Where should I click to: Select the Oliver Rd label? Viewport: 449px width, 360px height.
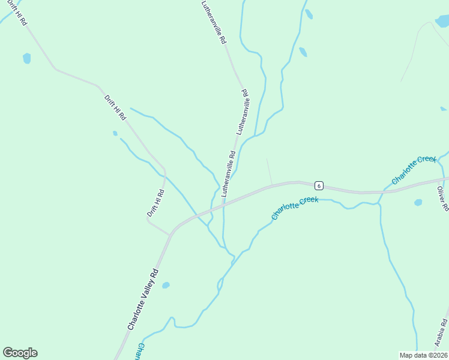point(442,198)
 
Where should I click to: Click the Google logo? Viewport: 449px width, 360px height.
point(20,353)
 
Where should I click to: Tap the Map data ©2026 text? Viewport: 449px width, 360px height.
point(423,355)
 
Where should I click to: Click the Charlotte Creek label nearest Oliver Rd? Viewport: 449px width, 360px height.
point(414,170)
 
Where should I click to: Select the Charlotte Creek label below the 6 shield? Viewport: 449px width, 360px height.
point(294,207)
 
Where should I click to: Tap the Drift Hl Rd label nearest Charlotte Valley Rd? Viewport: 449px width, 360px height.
point(155,203)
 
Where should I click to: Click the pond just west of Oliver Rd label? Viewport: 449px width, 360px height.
point(418,203)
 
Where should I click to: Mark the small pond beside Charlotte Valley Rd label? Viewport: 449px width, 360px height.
point(166,286)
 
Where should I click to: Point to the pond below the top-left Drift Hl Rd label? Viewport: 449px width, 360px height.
point(26,58)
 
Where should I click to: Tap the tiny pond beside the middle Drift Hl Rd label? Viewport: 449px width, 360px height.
point(115,133)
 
